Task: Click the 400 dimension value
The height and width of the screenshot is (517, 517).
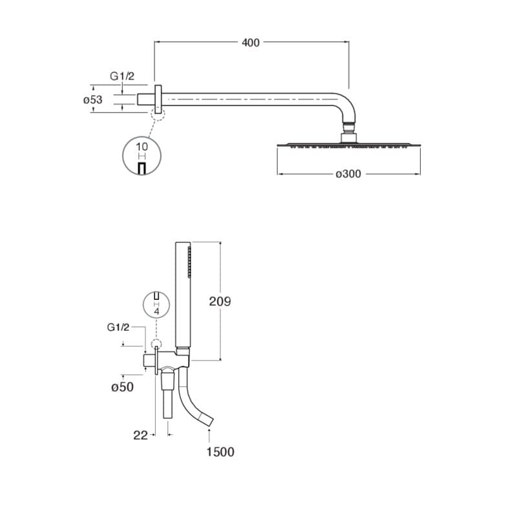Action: [x=251, y=43]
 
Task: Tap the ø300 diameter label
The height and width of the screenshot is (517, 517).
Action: [x=348, y=174]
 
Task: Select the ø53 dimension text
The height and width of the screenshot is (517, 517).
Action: [x=92, y=100]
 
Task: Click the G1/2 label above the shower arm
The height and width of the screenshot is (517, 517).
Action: [x=122, y=76]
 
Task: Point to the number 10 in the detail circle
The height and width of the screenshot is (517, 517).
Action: [x=142, y=147]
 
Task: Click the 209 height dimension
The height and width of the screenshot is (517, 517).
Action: [x=220, y=301]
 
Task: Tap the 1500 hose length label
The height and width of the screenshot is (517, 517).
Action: [x=220, y=452]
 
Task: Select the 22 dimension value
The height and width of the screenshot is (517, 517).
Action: [x=140, y=435]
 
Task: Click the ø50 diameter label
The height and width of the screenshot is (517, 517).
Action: [x=122, y=386]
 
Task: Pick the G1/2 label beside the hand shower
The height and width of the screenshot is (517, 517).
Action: [x=118, y=328]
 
